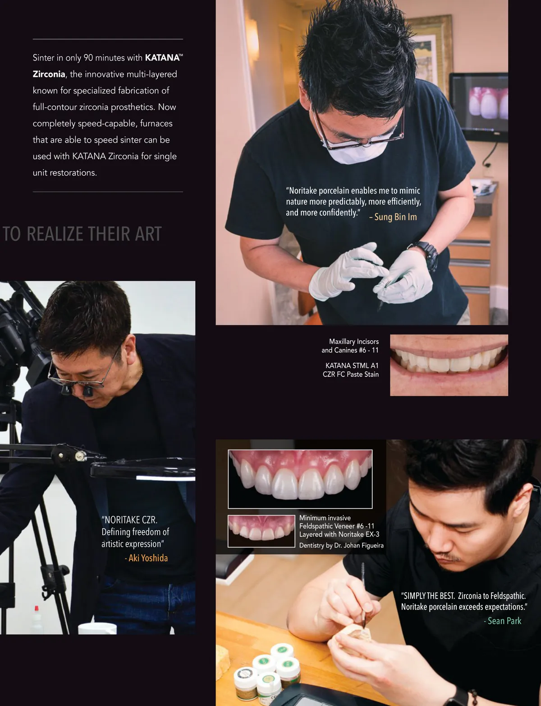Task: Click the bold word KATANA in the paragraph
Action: [x=162, y=58]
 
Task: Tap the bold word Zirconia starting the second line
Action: [x=49, y=74]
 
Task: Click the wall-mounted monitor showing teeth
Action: [x=479, y=107]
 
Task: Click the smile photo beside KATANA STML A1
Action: [x=449, y=365]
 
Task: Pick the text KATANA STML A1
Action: [x=352, y=366]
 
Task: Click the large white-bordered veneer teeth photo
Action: [x=300, y=479]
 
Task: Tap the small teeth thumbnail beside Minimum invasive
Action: [x=261, y=531]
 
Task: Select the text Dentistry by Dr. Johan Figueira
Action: [x=341, y=545]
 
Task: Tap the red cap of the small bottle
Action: [x=37, y=608]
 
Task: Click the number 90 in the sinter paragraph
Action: [x=88, y=58]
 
